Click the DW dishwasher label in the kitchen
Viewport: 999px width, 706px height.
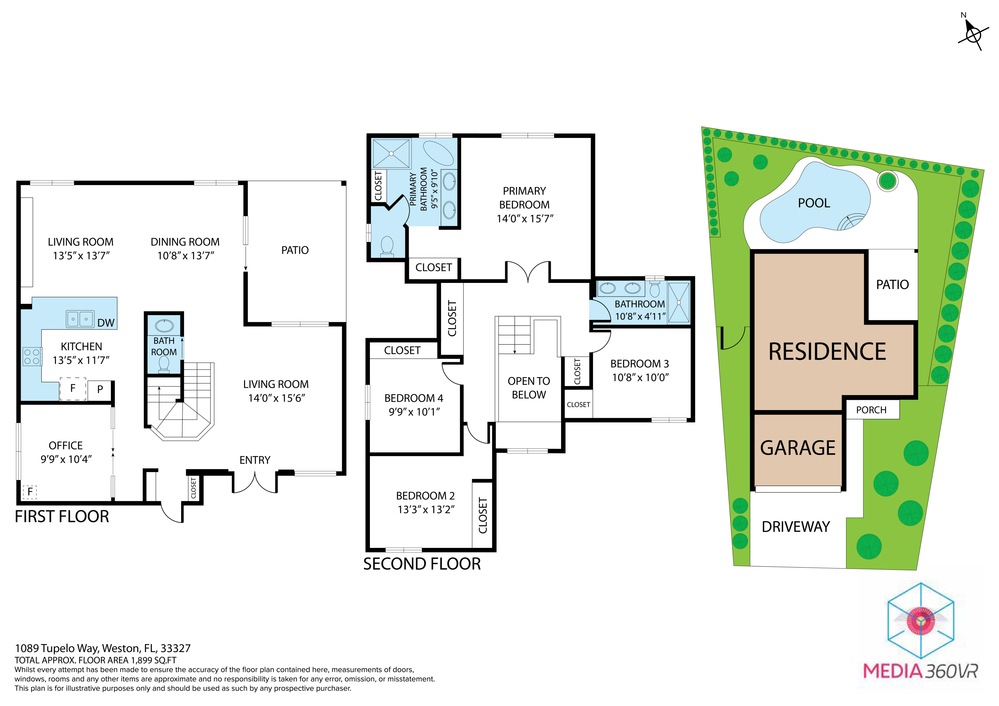pos(106,323)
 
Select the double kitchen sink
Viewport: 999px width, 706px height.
pos(80,319)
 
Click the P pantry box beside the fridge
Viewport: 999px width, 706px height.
pos(100,389)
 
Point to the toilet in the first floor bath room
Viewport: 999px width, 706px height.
pos(164,364)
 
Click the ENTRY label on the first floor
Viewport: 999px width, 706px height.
pos(255,460)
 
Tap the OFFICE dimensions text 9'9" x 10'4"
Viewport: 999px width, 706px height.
pos(66,459)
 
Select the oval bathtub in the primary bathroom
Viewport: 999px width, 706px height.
pos(438,153)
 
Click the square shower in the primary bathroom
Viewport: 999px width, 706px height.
pos(391,153)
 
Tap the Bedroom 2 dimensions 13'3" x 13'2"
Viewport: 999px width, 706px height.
pos(426,509)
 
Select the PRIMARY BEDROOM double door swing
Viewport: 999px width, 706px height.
pos(528,271)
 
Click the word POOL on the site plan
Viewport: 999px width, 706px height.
pos(814,203)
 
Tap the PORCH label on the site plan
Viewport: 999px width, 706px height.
pos(871,410)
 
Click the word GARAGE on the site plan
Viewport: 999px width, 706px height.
pos(798,448)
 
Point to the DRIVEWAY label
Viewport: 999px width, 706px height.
pos(796,527)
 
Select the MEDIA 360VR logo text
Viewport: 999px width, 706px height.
pos(920,671)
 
